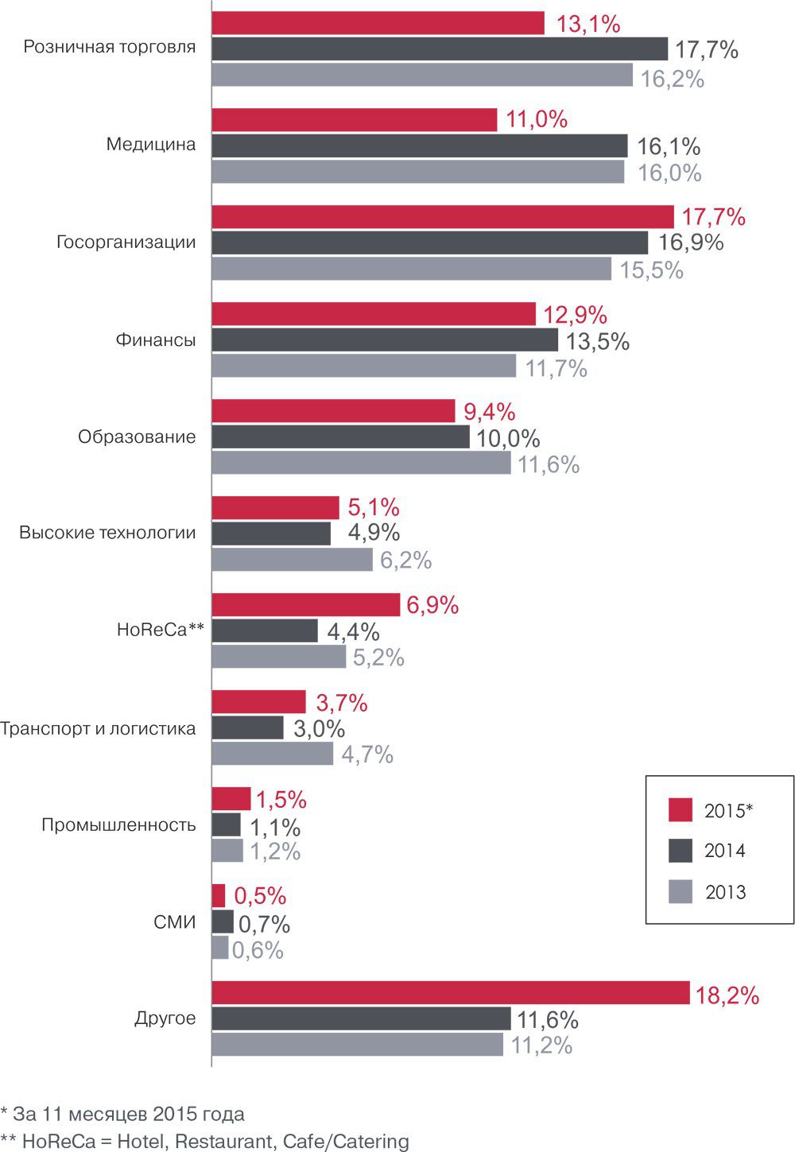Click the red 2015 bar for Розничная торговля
[x=378, y=23]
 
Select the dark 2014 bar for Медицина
[x=420, y=145]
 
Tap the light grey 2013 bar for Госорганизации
[x=411, y=269]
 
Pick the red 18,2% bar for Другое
[x=450, y=993]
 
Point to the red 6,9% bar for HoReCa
[x=305, y=604]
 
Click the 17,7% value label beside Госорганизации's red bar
[x=713, y=217]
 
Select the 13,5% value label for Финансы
[x=597, y=342]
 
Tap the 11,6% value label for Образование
[x=549, y=464]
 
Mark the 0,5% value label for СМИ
[x=260, y=896]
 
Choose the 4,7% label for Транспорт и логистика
[x=367, y=754]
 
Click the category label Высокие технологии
[x=107, y=533]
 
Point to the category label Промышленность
[x=118, y=824]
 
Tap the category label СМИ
[x=174, y=923]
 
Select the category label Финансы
[x=156, y=340]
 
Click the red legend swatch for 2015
[x=681, y=809]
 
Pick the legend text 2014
[x=725, y=851]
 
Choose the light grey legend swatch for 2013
[x=681, y=892]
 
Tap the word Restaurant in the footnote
[x=223, y=1141]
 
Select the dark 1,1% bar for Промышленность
[x=226, y=825]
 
